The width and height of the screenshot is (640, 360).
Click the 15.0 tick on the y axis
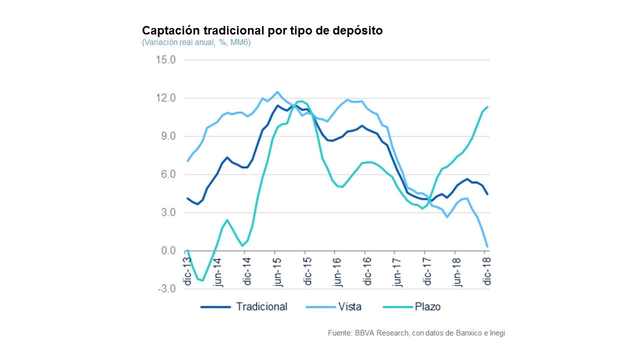(x=166, y=60)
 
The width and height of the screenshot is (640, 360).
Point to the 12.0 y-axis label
(x=166, y=98)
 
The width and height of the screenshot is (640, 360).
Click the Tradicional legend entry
(x=261, y=306)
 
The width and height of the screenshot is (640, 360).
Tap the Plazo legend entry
(x=427, y=306)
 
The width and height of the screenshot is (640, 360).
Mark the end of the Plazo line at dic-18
(x=487, y=106)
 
